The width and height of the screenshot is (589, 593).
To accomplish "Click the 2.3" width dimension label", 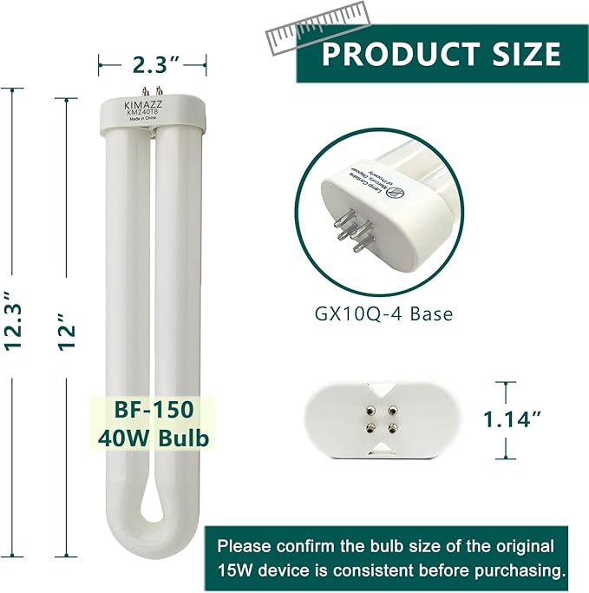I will (x=152, y=63).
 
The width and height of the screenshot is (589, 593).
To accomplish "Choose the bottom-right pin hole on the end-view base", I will (x=393, y=427).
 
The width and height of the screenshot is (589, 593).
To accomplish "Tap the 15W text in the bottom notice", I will (x=235, y=570).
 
